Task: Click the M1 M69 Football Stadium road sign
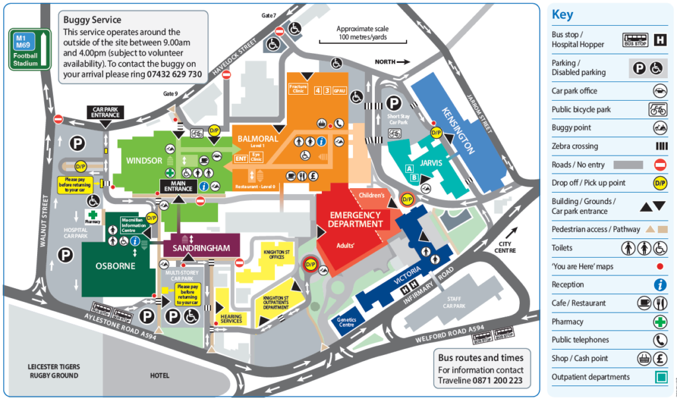click(x=28, y=48)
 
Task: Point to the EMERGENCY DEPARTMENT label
click(x=356, y=219)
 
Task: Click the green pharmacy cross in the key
click(x=659, y=322)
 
